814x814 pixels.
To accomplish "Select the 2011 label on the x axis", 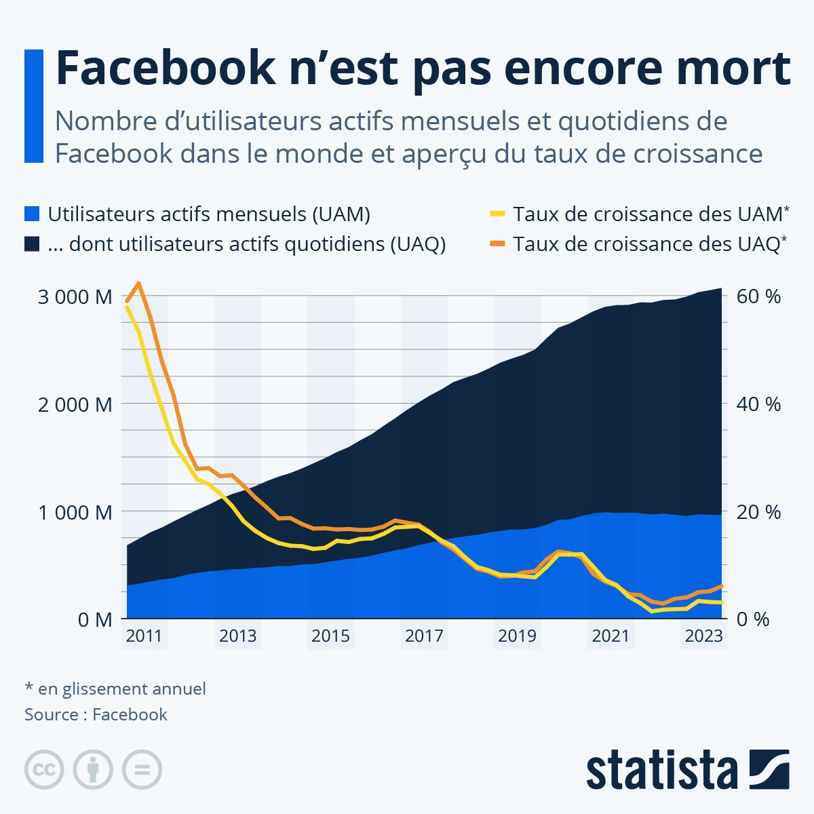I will (144, 636).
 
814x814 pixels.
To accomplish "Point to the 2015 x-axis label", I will (330, 636).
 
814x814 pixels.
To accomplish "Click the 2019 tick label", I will (517, 636).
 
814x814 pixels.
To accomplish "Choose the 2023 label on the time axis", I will (703, 636).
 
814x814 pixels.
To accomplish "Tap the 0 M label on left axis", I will (94, 619).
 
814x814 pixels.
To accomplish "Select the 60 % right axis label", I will (759, 297).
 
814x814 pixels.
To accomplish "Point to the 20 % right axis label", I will (759, 512).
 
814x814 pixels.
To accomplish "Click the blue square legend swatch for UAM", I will (32, 214).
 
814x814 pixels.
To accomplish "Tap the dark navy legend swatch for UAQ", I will (32, 244).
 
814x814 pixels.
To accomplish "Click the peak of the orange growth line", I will (138, 284).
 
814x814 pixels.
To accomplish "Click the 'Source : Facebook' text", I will (96, 714).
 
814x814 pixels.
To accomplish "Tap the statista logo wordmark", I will (661, 770).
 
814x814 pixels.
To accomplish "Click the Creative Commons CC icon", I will (44, 770).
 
